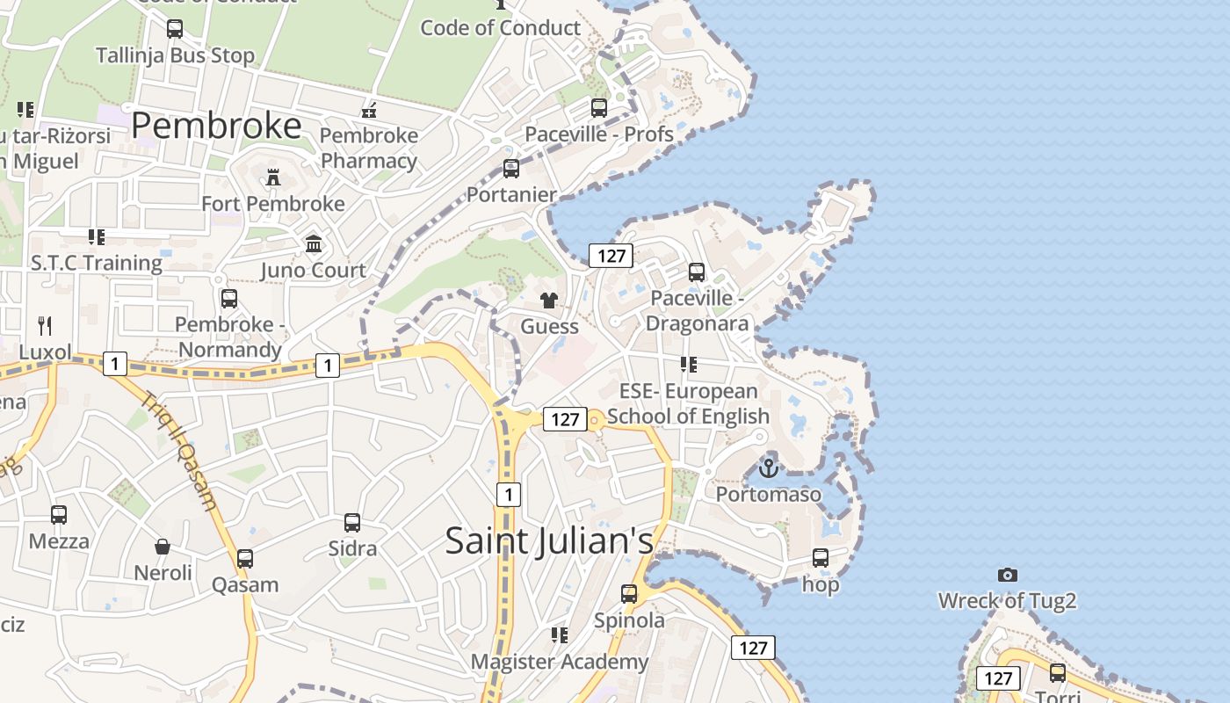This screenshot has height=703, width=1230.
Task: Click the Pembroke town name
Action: pyautogui.click(x=216, y=127)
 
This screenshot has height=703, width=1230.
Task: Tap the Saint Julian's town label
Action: pyautogui.click(x=549, y=540)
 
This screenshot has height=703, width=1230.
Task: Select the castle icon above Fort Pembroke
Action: pyautogui.click(x=273, y=178)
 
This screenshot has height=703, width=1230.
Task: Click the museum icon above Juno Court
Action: pyautogui.click(x=314, y=243)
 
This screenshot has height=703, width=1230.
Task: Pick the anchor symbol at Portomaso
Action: pyautogui.click(x=769, y=467)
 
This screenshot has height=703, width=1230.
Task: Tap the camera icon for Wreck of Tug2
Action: pyautogui.click(x=1008, y=575)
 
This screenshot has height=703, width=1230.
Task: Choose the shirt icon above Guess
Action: pyautogui.click(x=549, y=301)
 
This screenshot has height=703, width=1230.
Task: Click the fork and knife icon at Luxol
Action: pyautogui.click(x=45, y=326)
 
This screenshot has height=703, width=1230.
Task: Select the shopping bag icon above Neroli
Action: pyautogui.click(x=163, y=547)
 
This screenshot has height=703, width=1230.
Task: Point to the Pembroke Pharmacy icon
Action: pyautogui.click(x=370, y=110)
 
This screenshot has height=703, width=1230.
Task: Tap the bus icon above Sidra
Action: pyautogui.click(x=352, y=523)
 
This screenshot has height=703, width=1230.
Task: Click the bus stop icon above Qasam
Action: pyautogui.click(x=245, y=559)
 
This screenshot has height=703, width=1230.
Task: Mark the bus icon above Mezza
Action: pyautogui.click(x=59, y=515)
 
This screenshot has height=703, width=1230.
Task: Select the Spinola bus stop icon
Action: pyautogui.click(x=629, y=594)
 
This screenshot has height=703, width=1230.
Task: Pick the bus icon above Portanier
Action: pyautogui.click(x=511, y=169)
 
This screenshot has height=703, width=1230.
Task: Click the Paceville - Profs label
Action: pyautogui.click(x=599, y=134)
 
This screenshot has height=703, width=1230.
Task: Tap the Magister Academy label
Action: pyautogui.click(x=560, y=662)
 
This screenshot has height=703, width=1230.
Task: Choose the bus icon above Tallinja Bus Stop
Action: pyautogui.click(x=175, y=29)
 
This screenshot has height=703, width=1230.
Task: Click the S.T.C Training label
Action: pyautogui.click(x=97, y=263)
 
